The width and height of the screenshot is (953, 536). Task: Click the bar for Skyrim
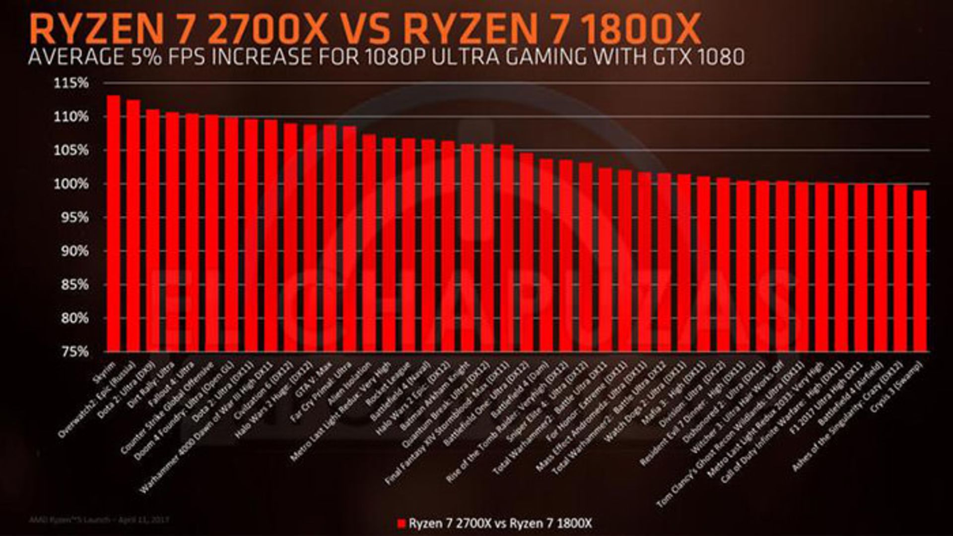tap(113, 223)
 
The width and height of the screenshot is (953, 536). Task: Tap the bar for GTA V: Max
tap(330, 238)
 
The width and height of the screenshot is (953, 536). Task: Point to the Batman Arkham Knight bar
tap(467, 247)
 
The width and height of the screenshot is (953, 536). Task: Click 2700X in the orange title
tap(269, 30)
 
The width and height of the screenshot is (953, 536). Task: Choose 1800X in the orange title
tap(640, 30)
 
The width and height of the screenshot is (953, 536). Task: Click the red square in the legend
tap(402, 524)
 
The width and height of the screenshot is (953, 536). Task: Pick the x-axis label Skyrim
tap(105, 372)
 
